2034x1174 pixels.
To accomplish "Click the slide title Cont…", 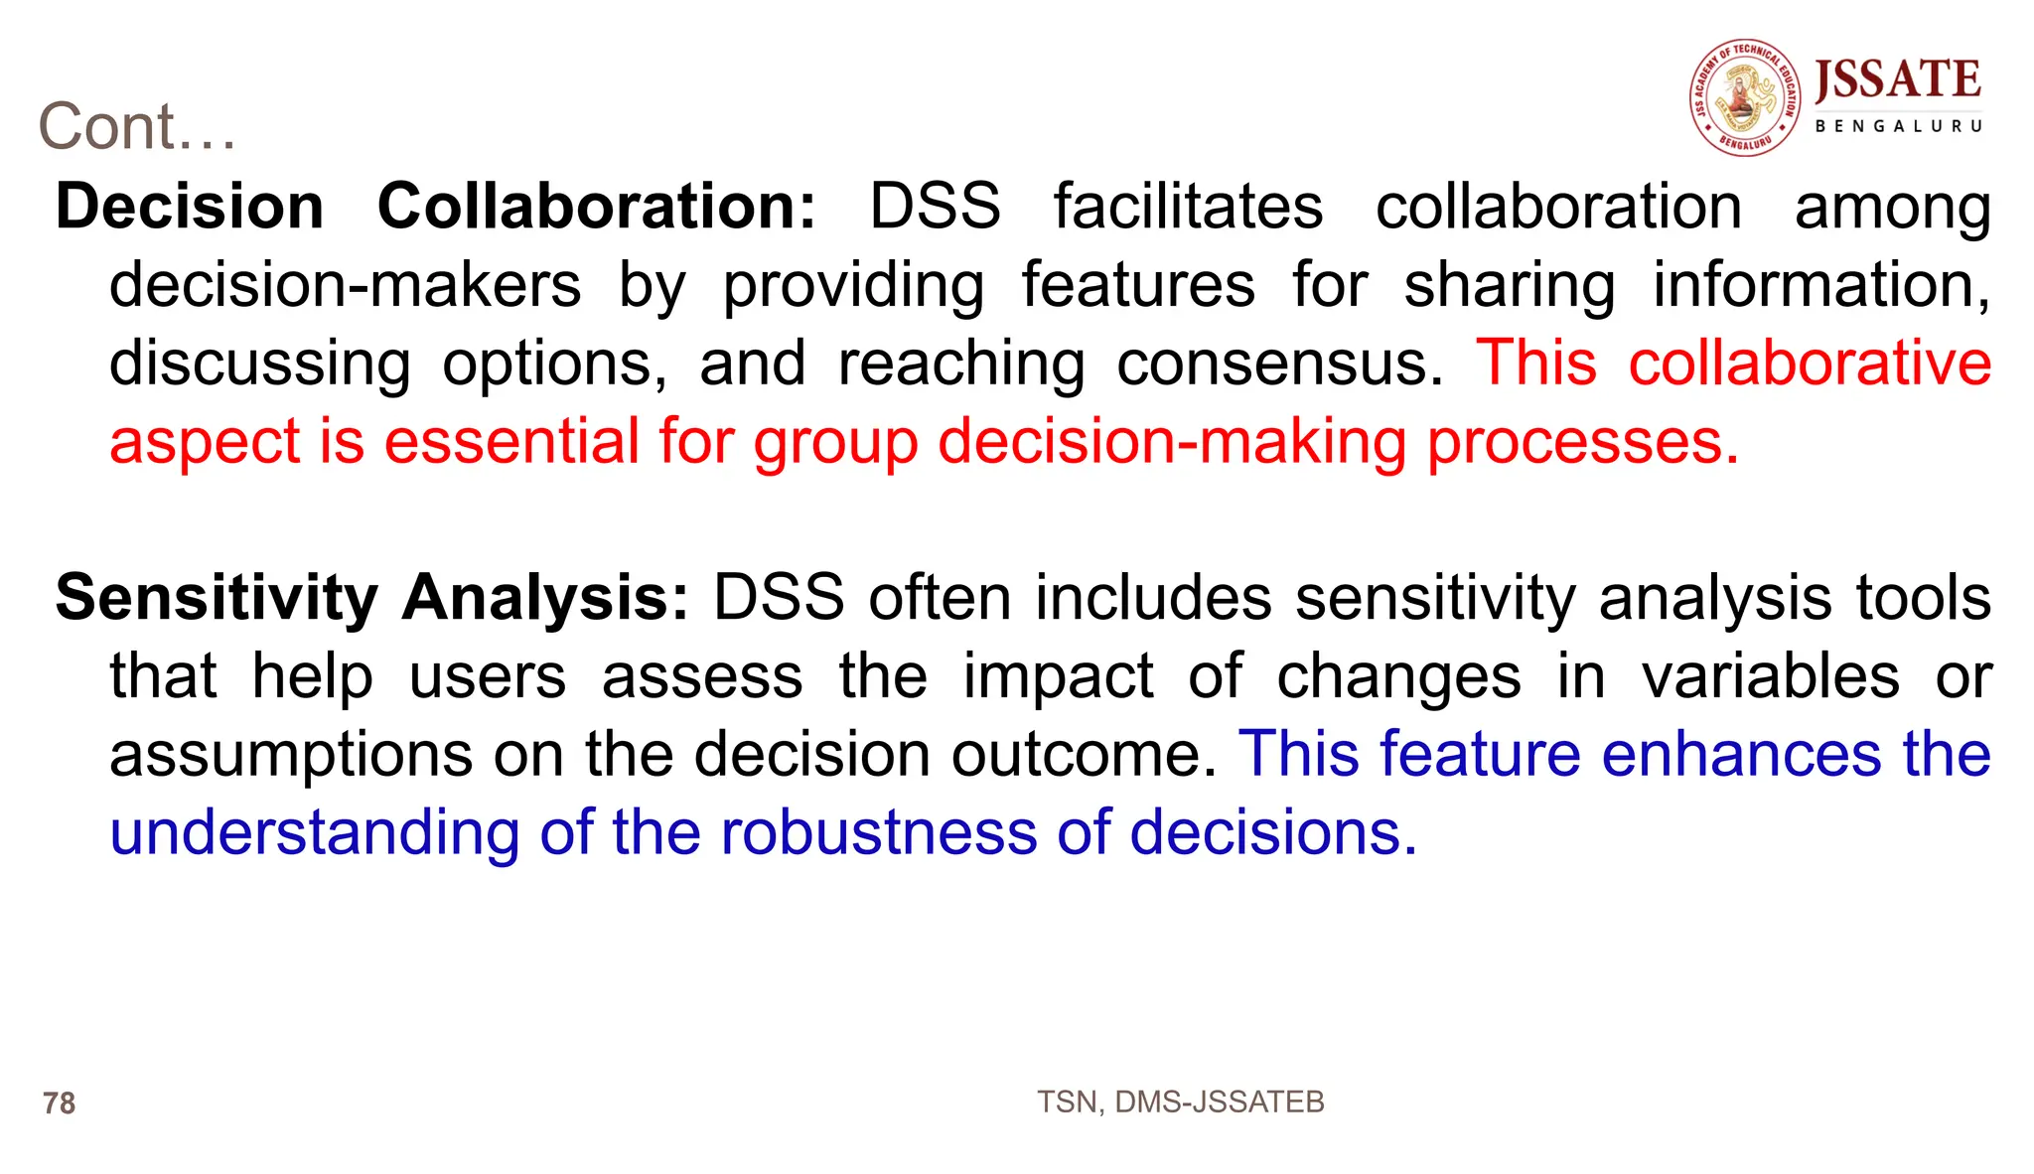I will pos(137,127).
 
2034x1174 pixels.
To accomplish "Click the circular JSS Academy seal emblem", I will pos(1745,98).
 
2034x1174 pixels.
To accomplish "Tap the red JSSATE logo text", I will pos(1898,80).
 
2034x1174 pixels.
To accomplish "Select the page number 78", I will pos(60,1103).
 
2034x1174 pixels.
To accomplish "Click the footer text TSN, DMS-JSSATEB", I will pos(1180,1101).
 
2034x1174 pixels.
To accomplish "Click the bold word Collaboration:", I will pos(596,207).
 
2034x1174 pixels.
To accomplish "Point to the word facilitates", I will pos(1188,207).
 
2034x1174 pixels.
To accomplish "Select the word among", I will pos(1892,209).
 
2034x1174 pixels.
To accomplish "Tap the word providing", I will pos(853,287).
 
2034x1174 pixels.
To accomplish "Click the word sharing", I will pos(1509,287).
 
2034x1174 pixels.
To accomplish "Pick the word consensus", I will pos(1279,364).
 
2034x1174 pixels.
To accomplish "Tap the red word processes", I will pos(1583,443).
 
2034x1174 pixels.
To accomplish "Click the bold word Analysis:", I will pos(545,599).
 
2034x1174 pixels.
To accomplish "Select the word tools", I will pos(1924,598).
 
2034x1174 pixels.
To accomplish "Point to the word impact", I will pos(1058,677).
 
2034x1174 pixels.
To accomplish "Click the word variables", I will pos(1770,676).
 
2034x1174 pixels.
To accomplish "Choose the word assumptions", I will pos(291,756).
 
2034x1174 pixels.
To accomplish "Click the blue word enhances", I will pos(1741,754).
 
